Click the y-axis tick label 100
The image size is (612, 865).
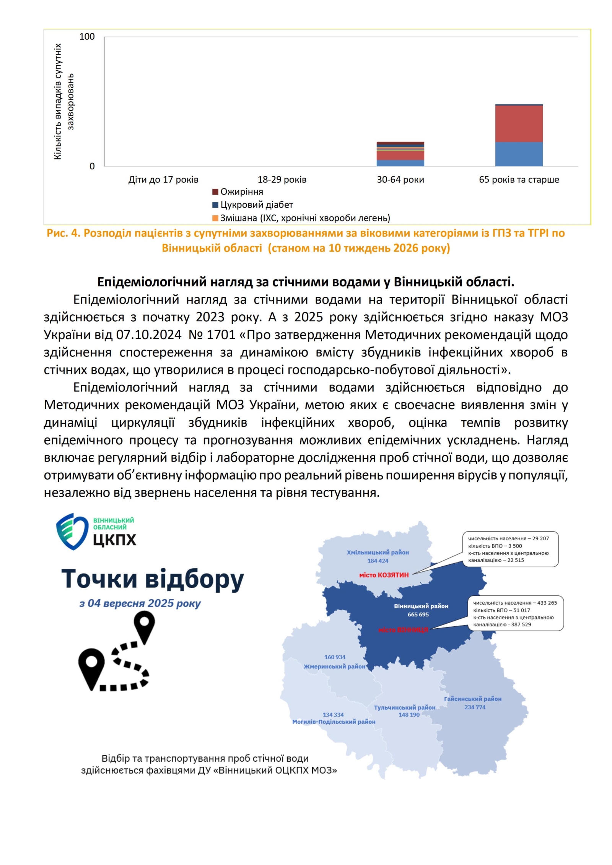87,37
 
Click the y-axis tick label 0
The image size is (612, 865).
92,166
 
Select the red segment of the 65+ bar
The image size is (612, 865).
519,124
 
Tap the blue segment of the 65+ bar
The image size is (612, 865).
519,154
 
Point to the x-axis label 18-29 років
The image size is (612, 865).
282,180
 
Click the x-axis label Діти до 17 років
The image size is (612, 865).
163,180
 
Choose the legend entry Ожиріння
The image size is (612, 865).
241,192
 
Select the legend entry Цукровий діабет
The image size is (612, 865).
256,205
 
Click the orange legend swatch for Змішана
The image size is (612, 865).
215,218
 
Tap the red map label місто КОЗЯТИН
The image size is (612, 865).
384,575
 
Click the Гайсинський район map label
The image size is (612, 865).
472,699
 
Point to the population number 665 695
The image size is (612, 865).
418,615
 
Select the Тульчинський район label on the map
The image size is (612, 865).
404,708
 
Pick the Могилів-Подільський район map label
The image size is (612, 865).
334,722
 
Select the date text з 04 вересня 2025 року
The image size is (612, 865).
140,603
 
